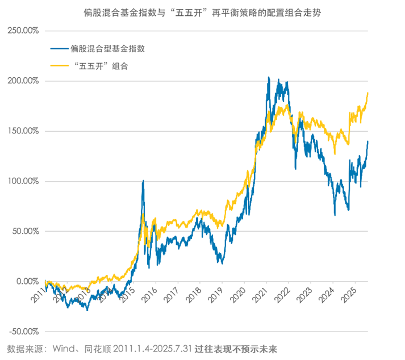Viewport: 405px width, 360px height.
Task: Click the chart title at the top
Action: (x=202, y=12)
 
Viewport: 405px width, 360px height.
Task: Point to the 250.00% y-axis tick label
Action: (x=23, y=31)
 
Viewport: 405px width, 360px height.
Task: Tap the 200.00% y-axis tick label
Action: (x=23, y=81)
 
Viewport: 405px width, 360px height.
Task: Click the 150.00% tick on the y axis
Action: (x=23, y=131)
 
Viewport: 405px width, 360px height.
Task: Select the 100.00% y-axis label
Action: (x=23, y=181)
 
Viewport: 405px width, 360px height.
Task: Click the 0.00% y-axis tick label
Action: (x=27, y=281)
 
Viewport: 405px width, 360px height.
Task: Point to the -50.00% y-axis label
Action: (x=23, y=332)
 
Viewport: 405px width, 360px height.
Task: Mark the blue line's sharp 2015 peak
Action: (x=143, y=181)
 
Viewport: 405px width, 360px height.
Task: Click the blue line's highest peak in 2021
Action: (x=268, y=77)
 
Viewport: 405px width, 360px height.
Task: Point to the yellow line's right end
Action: (x=368, y=93)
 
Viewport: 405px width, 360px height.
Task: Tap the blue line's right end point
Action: (x=368, y=141)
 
